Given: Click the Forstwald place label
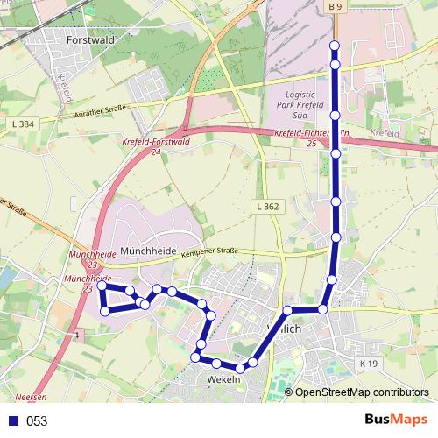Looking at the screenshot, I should click(x=91, y=39).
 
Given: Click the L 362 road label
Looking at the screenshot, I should click(x=268, y=207).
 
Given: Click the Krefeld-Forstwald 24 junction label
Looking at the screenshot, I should click(x=155, y=145).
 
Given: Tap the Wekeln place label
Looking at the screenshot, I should click(x=223, y=379).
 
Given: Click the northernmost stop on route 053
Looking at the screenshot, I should click(x=334, y=45).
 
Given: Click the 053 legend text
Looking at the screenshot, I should click(x=37, y=420).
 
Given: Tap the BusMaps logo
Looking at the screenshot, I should click(x=395, y=420).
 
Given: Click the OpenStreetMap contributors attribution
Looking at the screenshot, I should click(x=361, y=392).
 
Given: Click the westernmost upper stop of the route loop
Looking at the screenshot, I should click(x=102, y=286).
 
